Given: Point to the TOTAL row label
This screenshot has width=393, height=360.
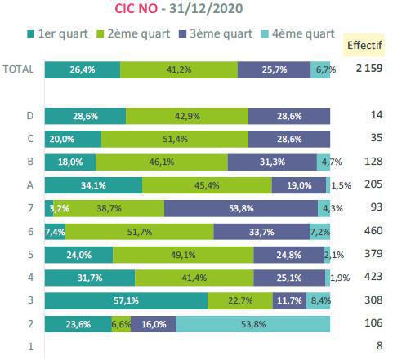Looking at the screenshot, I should (18, 69).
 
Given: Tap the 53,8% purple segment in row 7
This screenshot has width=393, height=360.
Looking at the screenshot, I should (240, 208).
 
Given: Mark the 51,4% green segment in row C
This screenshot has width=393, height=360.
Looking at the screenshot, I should (175, 139).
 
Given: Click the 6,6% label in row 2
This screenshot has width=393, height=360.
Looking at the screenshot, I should (121, 324).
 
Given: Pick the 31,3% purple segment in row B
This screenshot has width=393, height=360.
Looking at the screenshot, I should (271, 162).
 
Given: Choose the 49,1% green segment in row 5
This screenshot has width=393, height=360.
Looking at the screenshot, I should (183, 255).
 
